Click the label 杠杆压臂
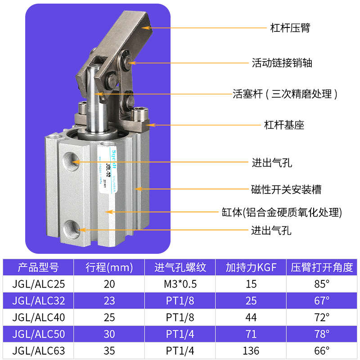(290, 28)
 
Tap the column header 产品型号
(38, 268)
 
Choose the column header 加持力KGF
(251, 268)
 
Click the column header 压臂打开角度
(322, 268)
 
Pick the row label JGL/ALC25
(38, 284)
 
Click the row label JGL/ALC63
(38, 351)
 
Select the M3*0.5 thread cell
(180, 284)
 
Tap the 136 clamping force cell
(251, 351)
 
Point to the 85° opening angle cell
(322, 284)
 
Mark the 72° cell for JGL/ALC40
(322, 317)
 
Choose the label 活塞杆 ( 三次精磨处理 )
(285, 94)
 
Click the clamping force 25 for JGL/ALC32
(251, 301)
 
